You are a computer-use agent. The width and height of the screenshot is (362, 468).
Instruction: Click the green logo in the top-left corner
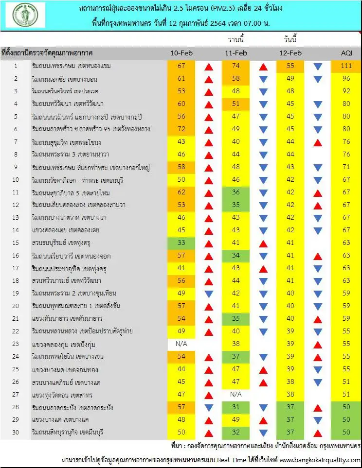(26, 15)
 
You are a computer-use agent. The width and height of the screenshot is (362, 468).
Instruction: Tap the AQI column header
(347, 52)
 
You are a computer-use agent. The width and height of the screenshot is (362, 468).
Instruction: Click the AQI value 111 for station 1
(347, 66)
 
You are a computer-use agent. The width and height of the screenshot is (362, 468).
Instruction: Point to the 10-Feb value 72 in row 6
(181, 129)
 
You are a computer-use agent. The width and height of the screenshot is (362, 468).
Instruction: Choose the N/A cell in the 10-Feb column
(181, 344)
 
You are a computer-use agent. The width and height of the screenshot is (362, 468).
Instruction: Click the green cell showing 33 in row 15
(181, 243)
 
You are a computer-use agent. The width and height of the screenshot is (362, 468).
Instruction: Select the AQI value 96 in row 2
(347, 78)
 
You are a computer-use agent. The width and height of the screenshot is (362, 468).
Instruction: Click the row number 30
(16, 432)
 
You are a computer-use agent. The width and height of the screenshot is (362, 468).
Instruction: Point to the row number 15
(16, 243)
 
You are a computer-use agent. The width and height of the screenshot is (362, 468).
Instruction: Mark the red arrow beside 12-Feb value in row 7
(318, 142)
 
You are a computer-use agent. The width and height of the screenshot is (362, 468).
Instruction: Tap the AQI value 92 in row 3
(347, 91)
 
